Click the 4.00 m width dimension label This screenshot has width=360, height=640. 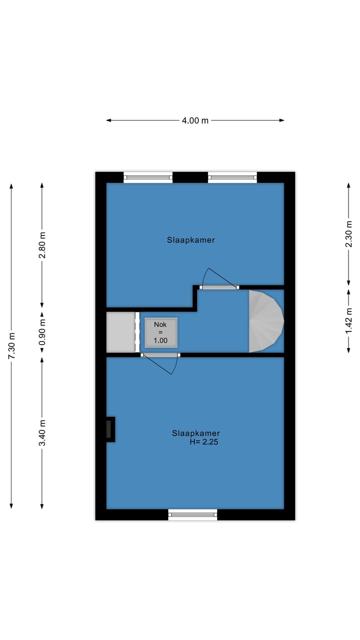tap(195, 120)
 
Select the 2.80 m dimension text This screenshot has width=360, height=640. tap(42, 245)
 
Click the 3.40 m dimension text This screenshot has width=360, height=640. tap(42, 432)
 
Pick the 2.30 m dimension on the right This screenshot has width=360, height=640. tap(349, 233)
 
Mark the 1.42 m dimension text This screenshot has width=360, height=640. tap(349, 320)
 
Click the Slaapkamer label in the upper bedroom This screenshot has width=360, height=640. tap(191, 240)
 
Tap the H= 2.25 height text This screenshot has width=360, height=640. tap(204, 442)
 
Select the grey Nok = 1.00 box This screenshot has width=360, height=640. tap(161, 332)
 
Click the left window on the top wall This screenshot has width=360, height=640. tap(148, 177)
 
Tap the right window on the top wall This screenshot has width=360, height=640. tap(232, 177)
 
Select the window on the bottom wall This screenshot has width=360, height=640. tap(193, 514)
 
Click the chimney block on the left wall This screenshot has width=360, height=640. tap(109, 429)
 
